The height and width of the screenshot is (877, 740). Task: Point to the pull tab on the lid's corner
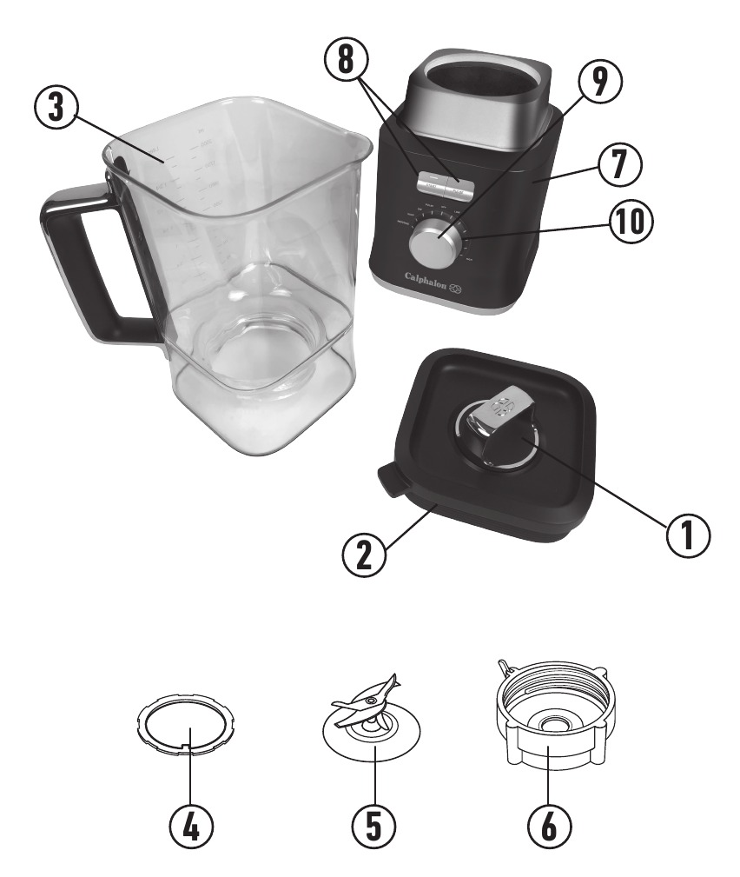point(389,479)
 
